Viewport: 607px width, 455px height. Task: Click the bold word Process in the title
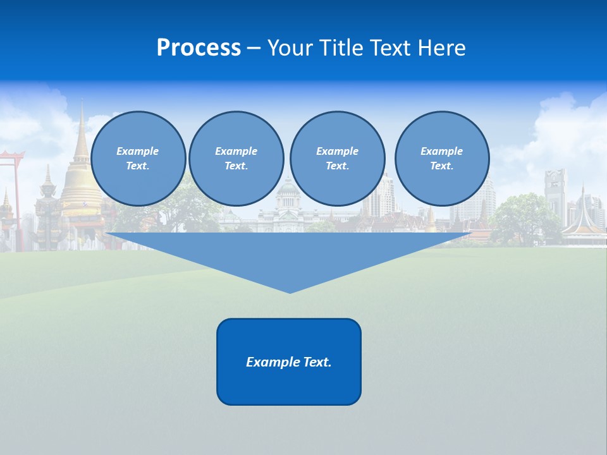pyautogui.click(x=199, y=48)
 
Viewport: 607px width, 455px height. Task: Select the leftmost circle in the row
pyautogui.click(x=138, y=159)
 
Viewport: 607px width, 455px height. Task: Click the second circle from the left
pyautogui.click(x=236, y=159)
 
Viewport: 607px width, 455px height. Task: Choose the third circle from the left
pyautogui.click(x=337, y=159)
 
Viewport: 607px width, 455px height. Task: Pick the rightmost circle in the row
pyautogui.click(x=441, y=159)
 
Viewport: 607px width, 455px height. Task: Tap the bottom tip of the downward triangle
pyautogui.click(x=290, y=291)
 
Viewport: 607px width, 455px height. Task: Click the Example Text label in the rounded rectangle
pyautogui.click(x=288, y=362)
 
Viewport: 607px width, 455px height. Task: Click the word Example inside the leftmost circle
pyautogui.click(x=137, y=151)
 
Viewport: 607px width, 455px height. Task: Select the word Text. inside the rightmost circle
pyautogui.click(x=441, y=166)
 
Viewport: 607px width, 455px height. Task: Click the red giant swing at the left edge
pyautogui.click(x=11, y=190)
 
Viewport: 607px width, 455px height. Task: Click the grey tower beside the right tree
pyautogui.click(x=555, y=193)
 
